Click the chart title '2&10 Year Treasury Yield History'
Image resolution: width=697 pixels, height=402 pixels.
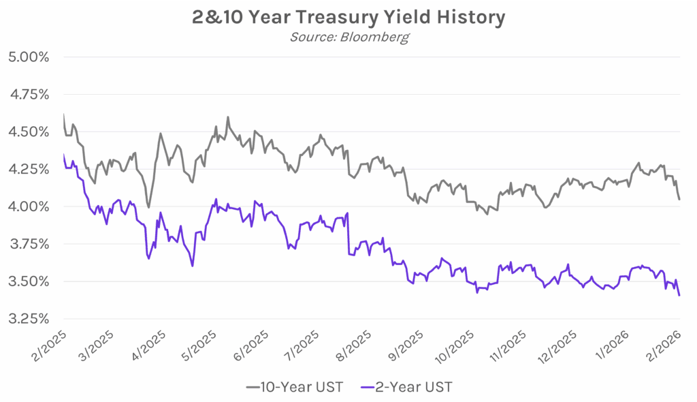click(348, 16)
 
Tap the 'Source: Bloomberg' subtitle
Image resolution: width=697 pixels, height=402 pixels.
click(348, 37)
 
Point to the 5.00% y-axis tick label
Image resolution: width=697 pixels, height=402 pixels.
click(28, 57)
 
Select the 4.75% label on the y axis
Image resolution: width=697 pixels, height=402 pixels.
click(28, 94)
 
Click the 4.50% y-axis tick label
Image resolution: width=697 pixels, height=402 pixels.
click(28, 132)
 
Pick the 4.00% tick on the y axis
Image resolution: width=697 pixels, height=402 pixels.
click(28, 206)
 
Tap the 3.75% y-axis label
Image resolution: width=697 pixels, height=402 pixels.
click(28, 244)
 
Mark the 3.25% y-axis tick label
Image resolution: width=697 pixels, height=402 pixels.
click(28, 319)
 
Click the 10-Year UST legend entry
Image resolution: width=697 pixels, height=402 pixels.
click(295, 387)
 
